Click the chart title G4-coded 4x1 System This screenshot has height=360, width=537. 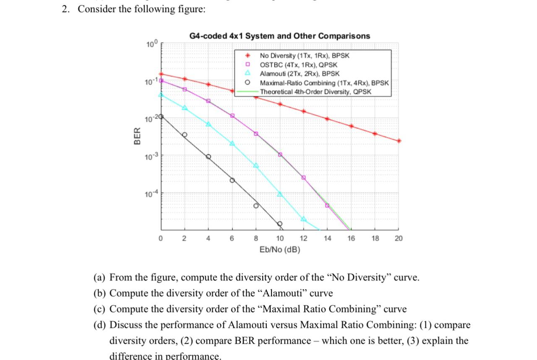pos(279,36)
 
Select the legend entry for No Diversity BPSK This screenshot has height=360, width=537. pos(305,55)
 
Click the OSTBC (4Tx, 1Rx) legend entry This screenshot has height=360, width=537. pos(298,65)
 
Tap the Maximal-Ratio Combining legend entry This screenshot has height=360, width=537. pos(324,83)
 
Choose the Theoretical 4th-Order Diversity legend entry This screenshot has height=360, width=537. pos(315,91)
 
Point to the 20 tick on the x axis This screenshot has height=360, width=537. pos(399,238)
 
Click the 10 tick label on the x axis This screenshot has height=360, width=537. pos(279,238)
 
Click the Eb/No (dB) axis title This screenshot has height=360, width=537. pos(280,250)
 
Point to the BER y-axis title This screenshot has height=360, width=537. pos(137,138)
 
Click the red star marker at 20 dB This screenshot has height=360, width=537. pos(399,141)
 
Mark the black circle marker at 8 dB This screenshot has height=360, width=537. pos(256,206)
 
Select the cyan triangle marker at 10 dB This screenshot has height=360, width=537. pos(280,194)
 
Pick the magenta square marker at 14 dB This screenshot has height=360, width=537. pos(327,205)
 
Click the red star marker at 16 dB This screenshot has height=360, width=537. pos(351,126)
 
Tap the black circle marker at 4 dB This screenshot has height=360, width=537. pos(208,157)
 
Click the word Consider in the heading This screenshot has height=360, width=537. pos(97,9)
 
